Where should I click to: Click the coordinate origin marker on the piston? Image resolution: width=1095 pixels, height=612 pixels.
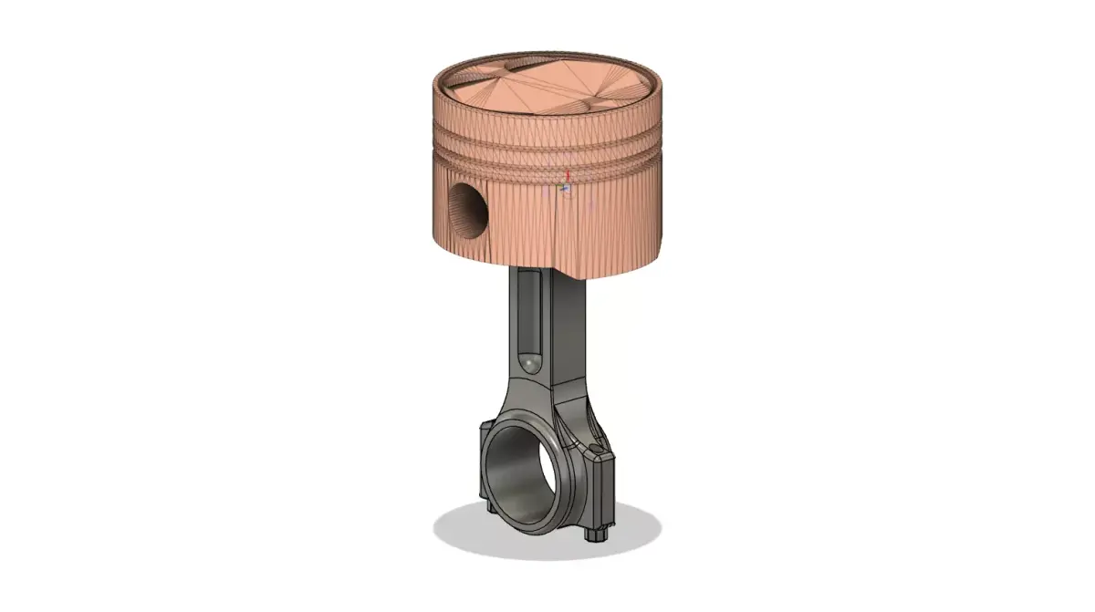(564, 188)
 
